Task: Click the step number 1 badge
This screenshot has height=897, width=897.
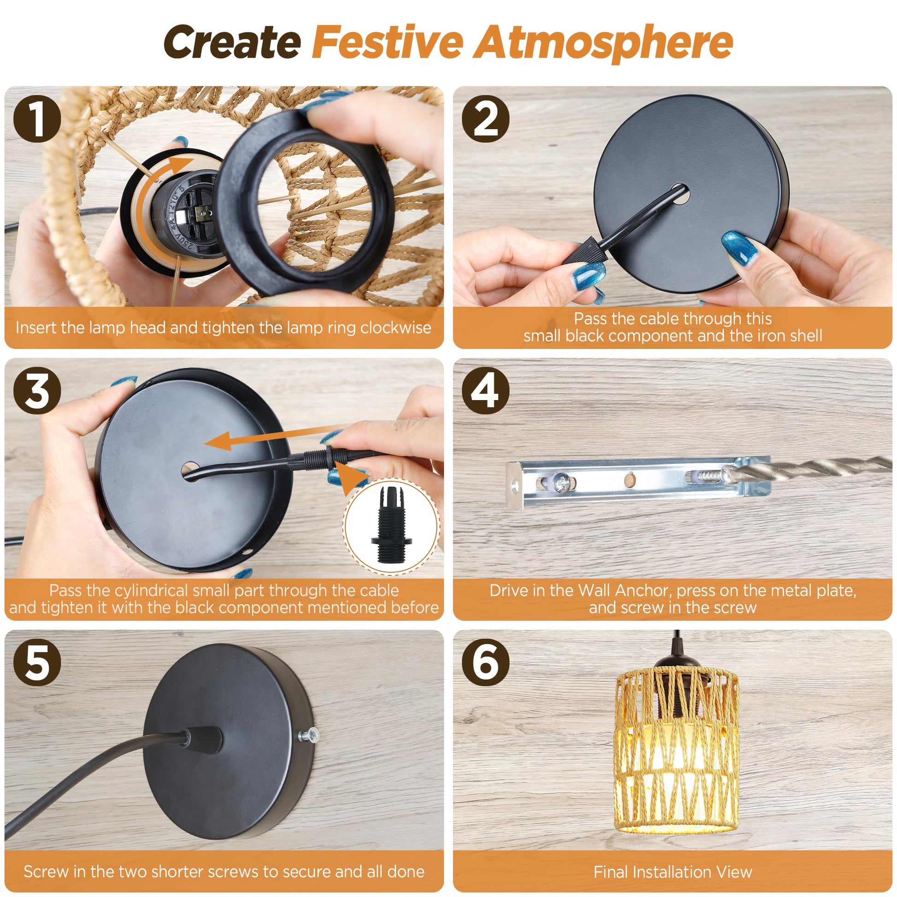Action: (37, 119)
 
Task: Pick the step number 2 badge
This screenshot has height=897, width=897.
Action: (486, 119)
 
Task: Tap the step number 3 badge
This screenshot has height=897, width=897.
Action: (37, 391)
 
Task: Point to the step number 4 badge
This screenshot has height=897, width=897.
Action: (486, 391)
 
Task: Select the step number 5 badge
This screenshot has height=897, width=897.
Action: (37, 662)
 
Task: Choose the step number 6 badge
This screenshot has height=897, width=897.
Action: (486, 662)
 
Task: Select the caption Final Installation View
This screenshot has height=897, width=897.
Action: (673, 872)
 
